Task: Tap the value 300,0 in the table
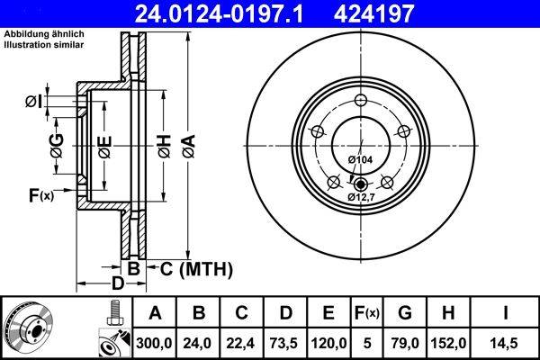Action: pyautogui.click(x=154, y=343)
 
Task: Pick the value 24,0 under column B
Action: pyautogui.click(x=198, y=343)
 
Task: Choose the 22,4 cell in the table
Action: pyautogui.click(x=241, y=343)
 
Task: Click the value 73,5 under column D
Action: pyautogui.click(x=285, y=343)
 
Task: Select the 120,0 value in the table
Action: pyautogui.click(x=329, y=343)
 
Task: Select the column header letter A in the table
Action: pyautogui.click(x=154, y=313)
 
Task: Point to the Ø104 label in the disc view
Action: pyautogui.click(x=360, y=159)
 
